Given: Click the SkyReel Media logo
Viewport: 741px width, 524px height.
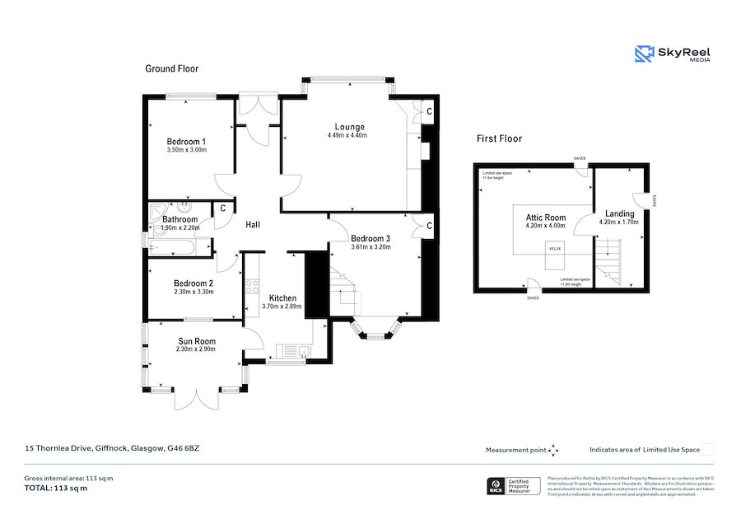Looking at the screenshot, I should click(x=673, y=54).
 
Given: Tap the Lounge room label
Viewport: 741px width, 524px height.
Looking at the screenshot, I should click(x=349, y=127).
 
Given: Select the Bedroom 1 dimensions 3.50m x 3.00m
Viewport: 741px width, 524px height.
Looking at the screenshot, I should click(x=185, y=150).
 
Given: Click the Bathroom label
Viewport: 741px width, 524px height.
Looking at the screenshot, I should click(x=179, y=219).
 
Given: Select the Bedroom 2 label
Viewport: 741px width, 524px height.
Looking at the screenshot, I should click(x=194, y=283).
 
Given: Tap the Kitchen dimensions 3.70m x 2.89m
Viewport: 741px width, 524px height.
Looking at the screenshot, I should click(x=282, y=306).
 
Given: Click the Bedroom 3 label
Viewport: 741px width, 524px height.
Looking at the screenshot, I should click(x=370, y=238).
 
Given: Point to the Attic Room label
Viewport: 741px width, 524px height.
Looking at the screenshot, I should click(x=545, y=218).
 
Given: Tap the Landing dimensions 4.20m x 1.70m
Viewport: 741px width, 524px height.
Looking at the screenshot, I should click(x=619, y=223).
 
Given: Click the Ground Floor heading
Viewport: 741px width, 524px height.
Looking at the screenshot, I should click(x=172, y=68).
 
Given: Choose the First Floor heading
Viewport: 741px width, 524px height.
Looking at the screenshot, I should click(x=499, y=138).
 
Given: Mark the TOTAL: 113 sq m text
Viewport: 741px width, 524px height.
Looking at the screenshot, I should click(x=56, y=488).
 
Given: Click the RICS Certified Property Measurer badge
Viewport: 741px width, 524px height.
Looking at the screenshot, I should click(x=513, y=486).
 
